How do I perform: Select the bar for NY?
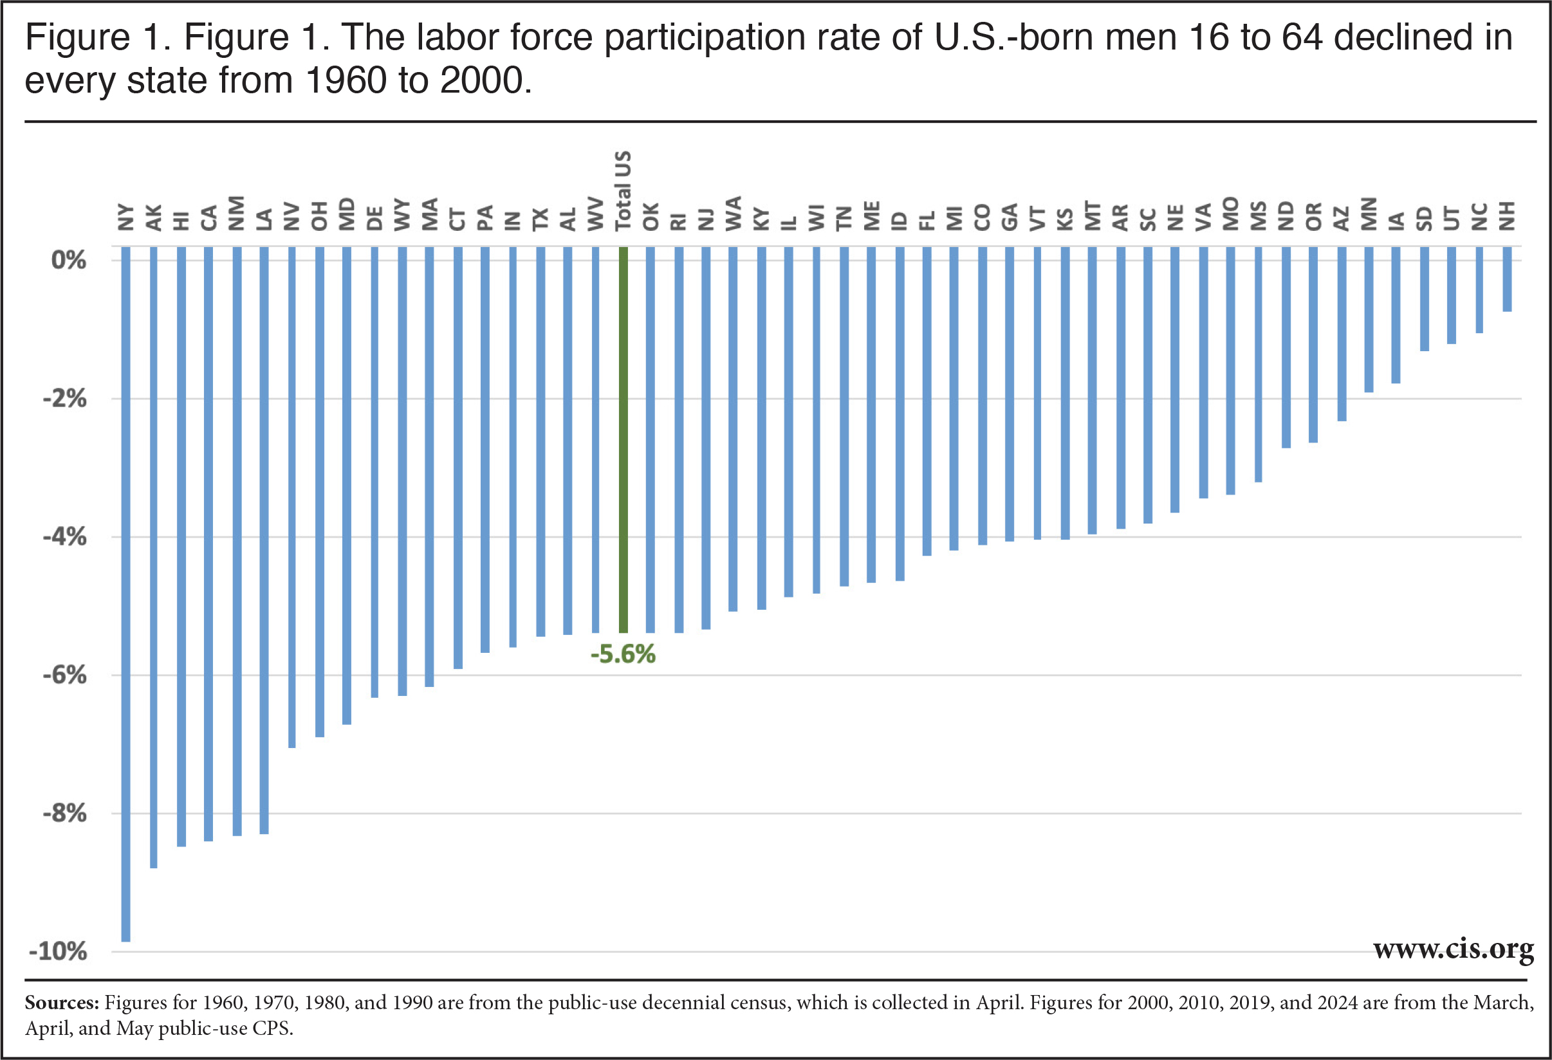[125, 594]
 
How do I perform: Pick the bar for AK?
[154, 557]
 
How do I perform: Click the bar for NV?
[292, 497]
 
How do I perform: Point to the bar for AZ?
[1342, 333]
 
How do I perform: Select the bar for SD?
[1425, 298]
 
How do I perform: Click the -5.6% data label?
[622, 654]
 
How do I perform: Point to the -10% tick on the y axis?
[58, 951]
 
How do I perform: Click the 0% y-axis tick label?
[68, 260]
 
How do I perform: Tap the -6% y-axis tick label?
[65, 675]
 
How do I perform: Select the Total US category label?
[623, 190]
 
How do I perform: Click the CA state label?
[209, 217]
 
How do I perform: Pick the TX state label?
[540, 219]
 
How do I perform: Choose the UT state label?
[1452, 218]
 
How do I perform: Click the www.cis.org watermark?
[1453, 949]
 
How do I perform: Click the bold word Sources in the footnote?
[61, 1003]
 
